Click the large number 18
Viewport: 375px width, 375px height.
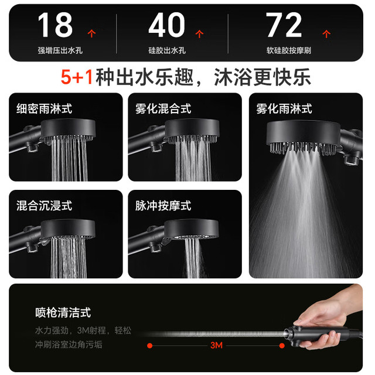coord(55,25)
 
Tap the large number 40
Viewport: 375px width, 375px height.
coord(166,25)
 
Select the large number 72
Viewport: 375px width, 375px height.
coord(284,25)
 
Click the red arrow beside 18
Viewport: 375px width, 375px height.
coord(91,33)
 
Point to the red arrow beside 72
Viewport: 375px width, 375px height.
coord(326,33)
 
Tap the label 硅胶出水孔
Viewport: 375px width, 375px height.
coord(167,50)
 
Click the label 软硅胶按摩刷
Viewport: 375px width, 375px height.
coord(289,50)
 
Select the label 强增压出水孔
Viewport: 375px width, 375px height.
coord(60,50)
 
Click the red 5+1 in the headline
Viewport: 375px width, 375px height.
coord(77,77)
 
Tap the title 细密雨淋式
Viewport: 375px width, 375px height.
coord(45,108)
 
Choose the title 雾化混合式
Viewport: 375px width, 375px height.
coord(163,108)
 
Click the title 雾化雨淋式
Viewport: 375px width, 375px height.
coord(284,108)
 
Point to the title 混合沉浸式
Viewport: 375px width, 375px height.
coord(45,206)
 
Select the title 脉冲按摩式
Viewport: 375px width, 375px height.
coord(163,206)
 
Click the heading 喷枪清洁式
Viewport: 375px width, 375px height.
coord(63,312)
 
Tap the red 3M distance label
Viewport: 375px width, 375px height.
coord(216,345)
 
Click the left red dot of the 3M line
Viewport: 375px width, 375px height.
coord(150,346)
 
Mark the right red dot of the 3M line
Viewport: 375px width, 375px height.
coord(282,346)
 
